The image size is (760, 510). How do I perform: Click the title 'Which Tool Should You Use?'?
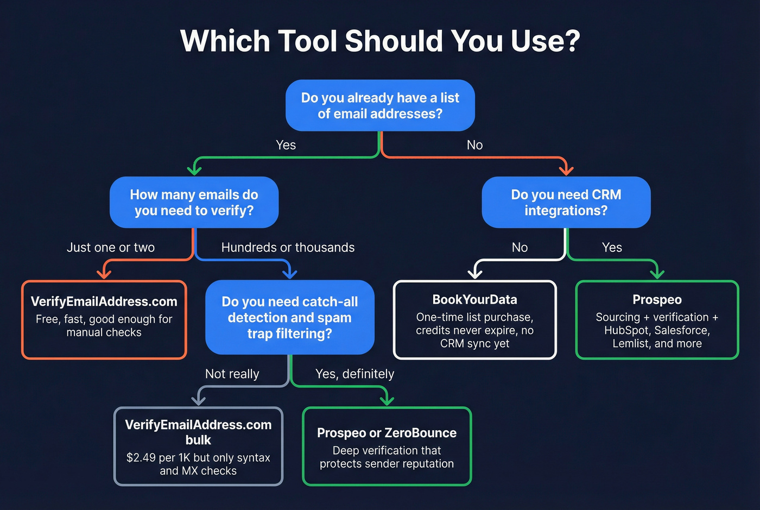pos(380,41)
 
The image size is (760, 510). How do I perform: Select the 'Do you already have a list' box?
pos(380,105)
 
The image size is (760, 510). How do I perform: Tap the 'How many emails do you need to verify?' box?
pos(194,202)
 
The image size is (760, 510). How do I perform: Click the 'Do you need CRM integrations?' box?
pos(566,202)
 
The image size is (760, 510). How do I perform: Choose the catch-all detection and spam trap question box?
pos(289,317)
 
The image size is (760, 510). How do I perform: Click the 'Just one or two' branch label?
pos(111,248)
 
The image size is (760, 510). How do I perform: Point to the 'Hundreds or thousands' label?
pos(288,248)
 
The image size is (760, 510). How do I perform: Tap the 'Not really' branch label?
pos(232,374)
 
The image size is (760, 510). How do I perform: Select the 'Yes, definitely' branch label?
pos(354,374)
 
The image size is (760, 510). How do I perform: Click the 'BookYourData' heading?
pos(474,300)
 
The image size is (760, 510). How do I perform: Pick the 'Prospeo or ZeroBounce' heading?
pos(387,433)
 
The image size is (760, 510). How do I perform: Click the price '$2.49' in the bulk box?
pos(141,458)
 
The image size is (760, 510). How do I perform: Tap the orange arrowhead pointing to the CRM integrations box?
pos(566,169)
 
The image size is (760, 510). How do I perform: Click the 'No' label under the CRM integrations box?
pos(520,248)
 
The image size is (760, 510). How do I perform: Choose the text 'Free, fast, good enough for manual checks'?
pos(104,326)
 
